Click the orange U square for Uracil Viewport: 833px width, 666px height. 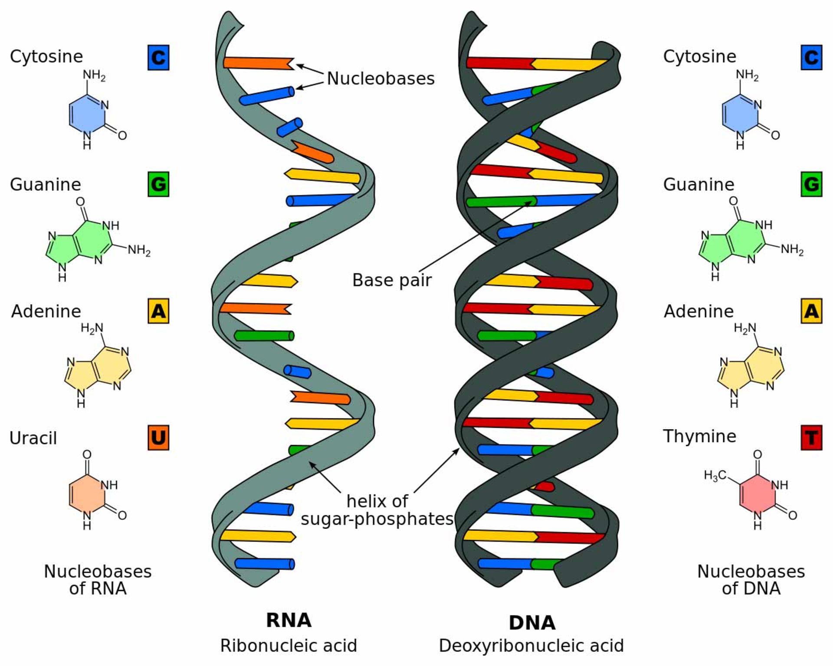tap(158, 438)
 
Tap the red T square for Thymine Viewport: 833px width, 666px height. tap(811, 438)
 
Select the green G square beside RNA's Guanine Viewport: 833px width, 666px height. tap(158, 184)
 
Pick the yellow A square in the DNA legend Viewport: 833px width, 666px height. tap(811, 311)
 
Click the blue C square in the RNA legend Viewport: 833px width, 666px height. tap(158, 58)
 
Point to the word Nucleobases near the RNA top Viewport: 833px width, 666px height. tap(380, 78)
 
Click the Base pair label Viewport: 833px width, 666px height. tap(392, 280)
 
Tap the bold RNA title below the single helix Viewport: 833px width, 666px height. tap(289, 620)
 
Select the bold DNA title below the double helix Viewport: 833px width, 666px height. tap(532, 623)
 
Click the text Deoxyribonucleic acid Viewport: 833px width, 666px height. tap(531, 646)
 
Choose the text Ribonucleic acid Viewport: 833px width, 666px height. tap(289, 646)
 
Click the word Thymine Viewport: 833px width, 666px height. tap(699, 436)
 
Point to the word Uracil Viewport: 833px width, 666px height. tap(33, 438)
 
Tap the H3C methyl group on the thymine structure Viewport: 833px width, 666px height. tap(715, 476)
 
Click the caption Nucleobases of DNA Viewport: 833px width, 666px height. tap(751, 580)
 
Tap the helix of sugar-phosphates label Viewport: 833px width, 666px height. tap(377, 510)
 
